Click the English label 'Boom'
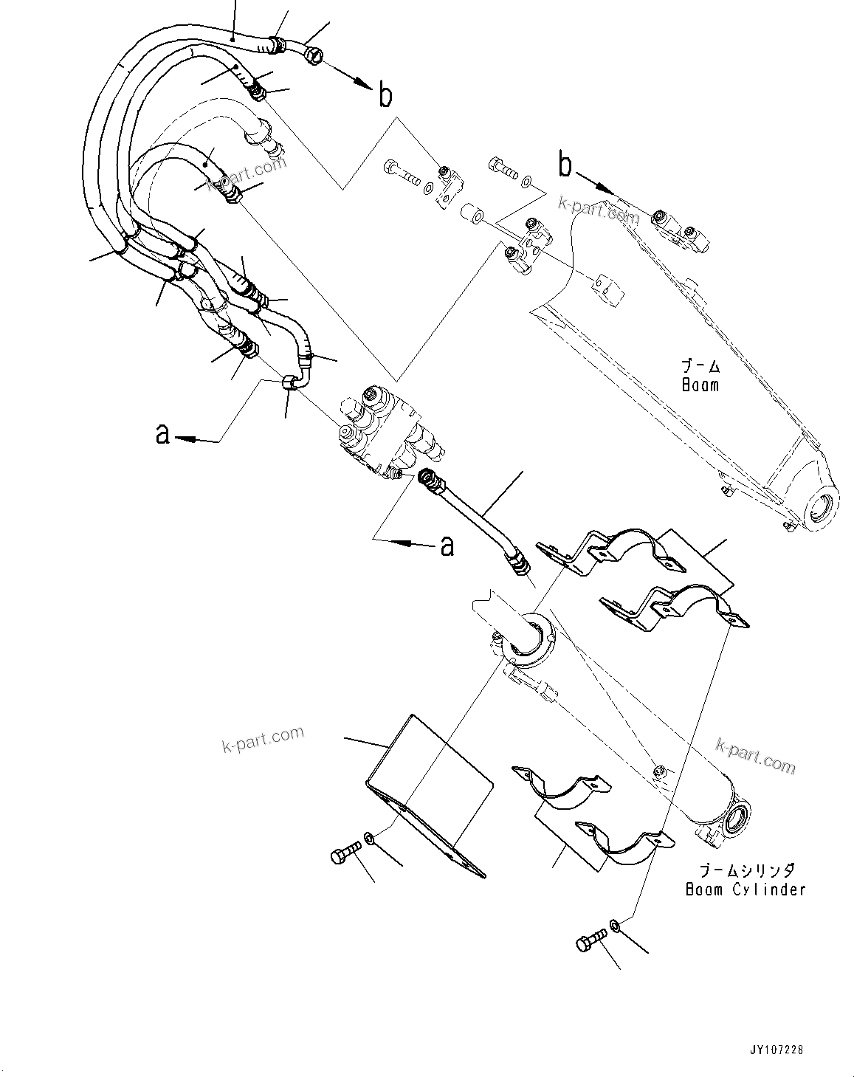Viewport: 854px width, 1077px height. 700,385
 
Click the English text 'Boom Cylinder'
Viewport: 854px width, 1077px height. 745,889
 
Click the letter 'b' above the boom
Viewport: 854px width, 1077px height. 565,165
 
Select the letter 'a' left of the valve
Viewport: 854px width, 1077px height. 162,434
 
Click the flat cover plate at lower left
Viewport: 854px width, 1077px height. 428,797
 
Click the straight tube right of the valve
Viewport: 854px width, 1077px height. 476,520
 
